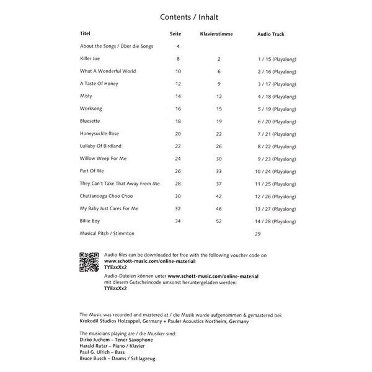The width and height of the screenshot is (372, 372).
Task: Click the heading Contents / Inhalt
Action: pyautogui.click(x=185, y=17)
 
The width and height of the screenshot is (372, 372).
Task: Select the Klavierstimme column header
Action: pyautogui.click(x=216, y=33)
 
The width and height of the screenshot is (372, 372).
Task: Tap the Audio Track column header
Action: pyautogui.click(x=275, y=33)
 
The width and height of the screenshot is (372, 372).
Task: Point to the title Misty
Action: pyautogui.click(x=87, y=95)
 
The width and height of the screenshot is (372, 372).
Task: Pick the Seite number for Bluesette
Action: pyautogui.click(x=178, y=121)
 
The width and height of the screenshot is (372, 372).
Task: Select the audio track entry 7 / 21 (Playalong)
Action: pyautogui.click(x=276, y=133)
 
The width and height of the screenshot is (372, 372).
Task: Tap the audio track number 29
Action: pyautogui.click(x=258, y=234)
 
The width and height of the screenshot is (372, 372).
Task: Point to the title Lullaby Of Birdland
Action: pyautogui.click(x=100, y=146)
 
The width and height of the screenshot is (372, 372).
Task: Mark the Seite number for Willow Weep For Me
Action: pyautogui.click(x=178, y=158)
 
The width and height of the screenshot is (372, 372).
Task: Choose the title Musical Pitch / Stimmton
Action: pyautogui.click(x=107, y=233)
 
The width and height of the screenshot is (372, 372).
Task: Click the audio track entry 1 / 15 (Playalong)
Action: pyautogui.click(x=276, y=58)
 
